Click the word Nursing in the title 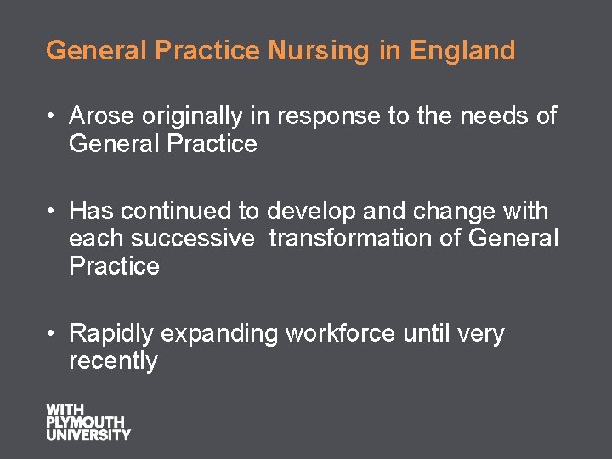point(320,51)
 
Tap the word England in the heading point(462,51)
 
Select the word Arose point(101,116)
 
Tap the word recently point(113,360)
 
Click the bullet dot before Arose point(52,116)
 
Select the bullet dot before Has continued point(52,211)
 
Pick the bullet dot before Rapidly point(52,333)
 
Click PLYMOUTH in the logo point(85,422)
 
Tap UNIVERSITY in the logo point(88,434)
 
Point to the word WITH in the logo point(65,410)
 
